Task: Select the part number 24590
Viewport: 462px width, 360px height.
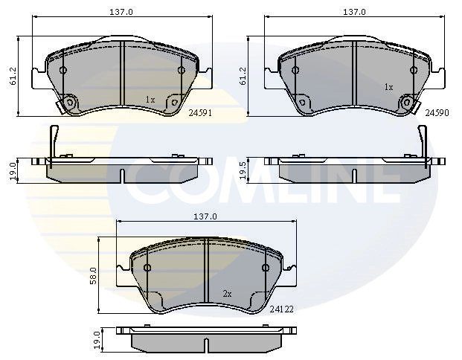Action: [x=436, y=114]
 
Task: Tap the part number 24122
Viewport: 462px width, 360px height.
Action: [x=283, y=308]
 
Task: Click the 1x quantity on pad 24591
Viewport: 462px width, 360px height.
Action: [x=150, y=99]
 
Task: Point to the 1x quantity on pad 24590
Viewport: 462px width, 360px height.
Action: [x=388, y=87]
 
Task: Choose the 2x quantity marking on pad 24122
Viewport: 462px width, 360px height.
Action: [x=228, y=294]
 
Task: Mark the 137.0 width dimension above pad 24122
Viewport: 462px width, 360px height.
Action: [x=205, y=216]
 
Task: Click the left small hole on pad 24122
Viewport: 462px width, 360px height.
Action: [x=147, y=268]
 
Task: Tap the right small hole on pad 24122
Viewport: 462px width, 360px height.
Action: [x=266, y=268]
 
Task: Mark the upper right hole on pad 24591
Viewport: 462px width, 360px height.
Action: [x=182, y=71]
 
